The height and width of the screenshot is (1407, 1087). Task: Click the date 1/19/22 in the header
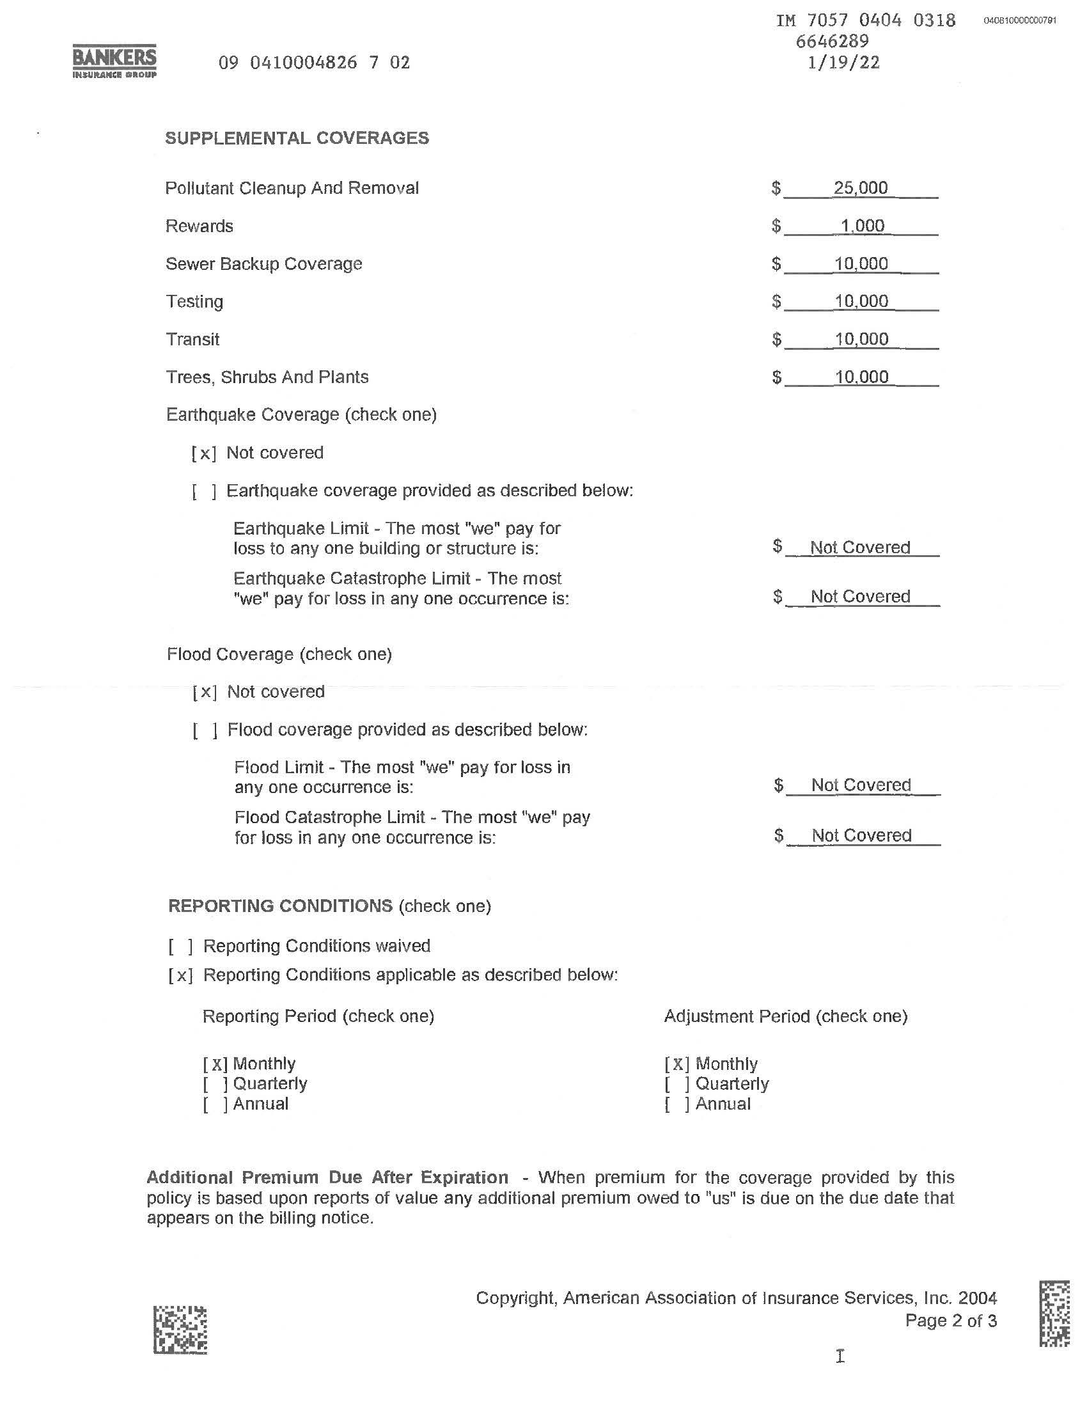coord(843,63)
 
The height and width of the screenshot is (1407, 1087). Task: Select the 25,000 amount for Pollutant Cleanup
coord(860,188)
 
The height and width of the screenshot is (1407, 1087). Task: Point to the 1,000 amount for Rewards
coord(863,226)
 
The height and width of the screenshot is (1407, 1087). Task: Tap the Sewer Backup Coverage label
coord(264,264)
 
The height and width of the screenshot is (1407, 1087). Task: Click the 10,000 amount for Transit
coord(862,340)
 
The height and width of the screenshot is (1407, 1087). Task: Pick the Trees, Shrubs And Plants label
coord(267,377)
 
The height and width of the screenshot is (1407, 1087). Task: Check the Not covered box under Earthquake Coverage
coord(204,453)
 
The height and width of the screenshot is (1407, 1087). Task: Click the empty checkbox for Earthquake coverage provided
coord(204,492)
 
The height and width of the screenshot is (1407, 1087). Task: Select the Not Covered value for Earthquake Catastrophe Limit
coord(860,597)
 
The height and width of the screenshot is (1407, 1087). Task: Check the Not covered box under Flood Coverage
coord(205,693)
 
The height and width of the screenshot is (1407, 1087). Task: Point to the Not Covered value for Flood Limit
coord(861,785)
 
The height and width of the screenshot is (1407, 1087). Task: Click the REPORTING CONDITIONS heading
coord(280,906)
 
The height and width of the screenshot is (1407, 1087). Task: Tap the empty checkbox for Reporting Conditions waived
coord(181,947)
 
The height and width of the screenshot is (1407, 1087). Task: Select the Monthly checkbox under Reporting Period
coord(215,1064)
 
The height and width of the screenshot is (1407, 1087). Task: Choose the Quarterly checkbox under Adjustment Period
coord(677,1084)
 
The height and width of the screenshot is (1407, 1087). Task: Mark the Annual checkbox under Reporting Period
coord(215,1104)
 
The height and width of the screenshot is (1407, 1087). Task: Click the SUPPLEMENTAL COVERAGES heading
coord(297,139)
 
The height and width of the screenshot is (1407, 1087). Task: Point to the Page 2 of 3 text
coord(950,1321)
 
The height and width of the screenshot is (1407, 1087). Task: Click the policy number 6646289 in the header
coord(832,42)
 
